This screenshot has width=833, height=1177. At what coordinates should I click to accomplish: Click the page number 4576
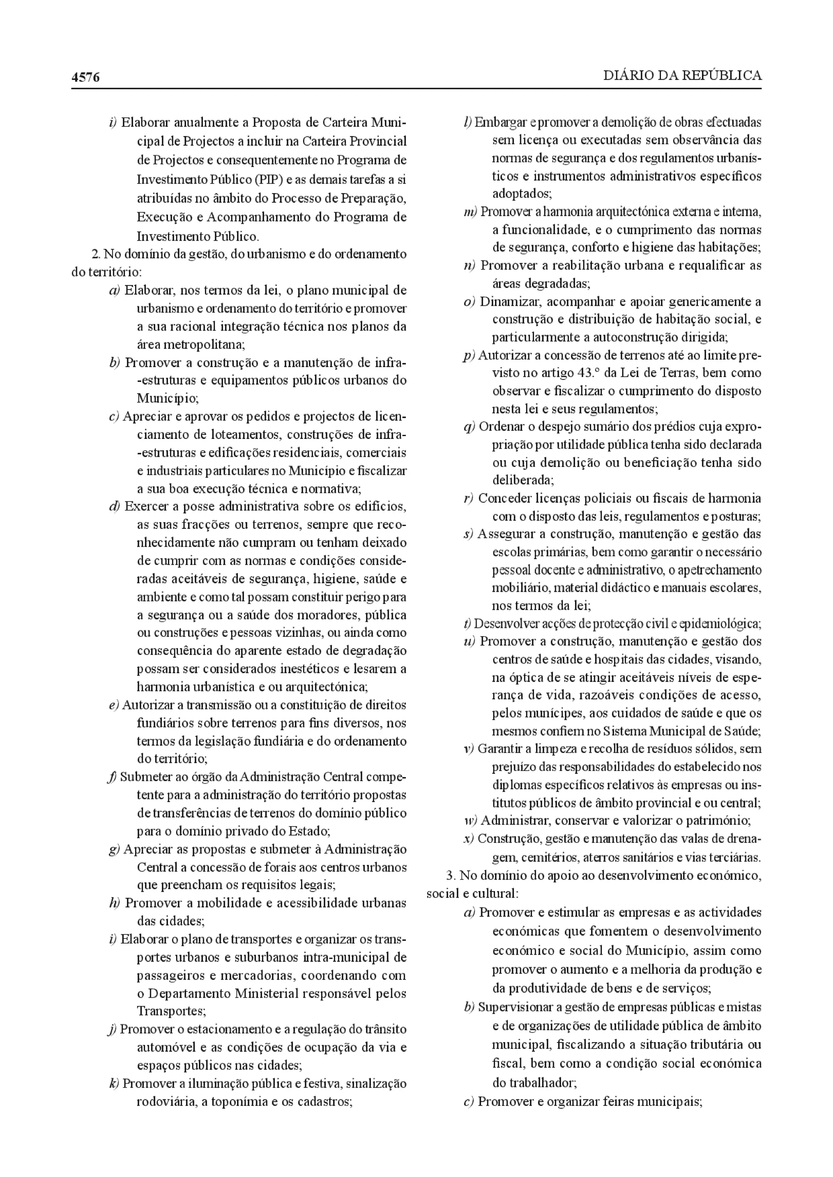click(x=86, y=77)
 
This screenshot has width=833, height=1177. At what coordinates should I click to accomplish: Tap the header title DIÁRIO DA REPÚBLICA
click(x=682, y=76)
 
